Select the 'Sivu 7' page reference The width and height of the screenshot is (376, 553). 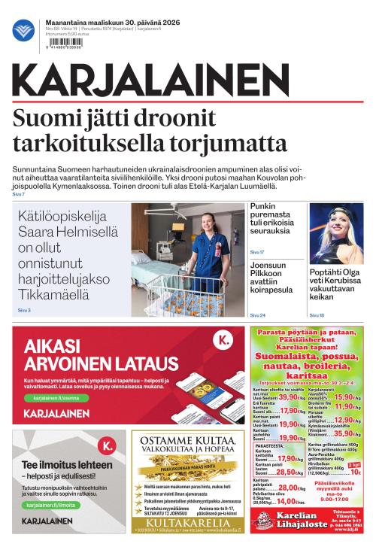[x=19, y=195]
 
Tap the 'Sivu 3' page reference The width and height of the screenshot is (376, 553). [x=25, y=309]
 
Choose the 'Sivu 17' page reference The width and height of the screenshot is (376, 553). [x=257, y=251]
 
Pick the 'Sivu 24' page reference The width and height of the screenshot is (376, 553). [x=257, y=315]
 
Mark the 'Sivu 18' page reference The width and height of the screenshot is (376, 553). [x=317, y=315]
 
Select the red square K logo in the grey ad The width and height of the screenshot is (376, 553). [x=108, y=446]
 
